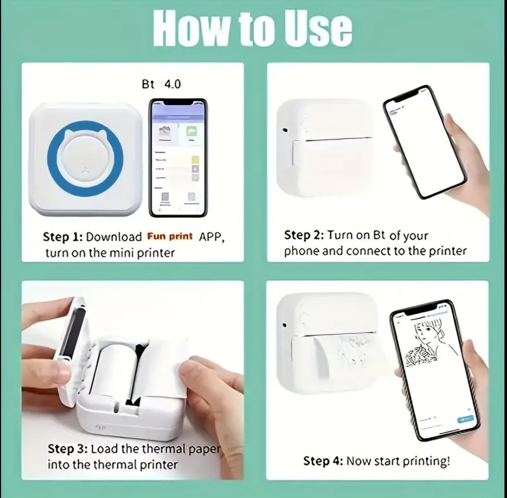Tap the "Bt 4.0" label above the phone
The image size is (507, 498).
[161, 84]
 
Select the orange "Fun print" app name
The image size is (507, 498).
[170, 236]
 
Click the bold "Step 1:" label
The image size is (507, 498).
[62, 237]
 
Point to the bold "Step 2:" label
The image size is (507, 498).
[304, 235]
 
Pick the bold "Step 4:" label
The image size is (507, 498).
[323, 461]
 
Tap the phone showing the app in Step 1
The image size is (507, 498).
[178, 158]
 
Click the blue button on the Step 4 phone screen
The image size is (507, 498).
[465, 419]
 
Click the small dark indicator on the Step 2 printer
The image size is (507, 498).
[285, 130]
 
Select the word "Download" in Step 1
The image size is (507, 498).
[114, 237]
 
